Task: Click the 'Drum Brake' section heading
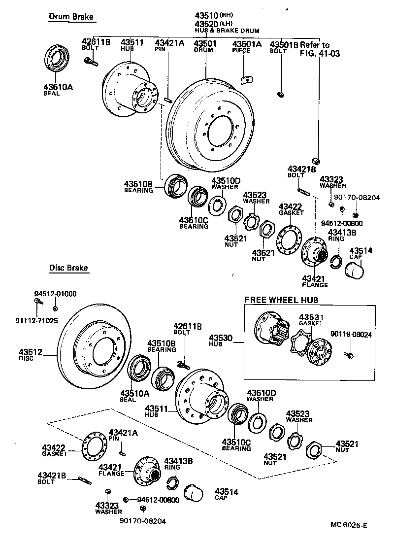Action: click(70, 17)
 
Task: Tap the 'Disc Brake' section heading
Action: click(68, 268)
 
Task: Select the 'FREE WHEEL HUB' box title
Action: click(281, 300)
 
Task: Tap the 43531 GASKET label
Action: click(310, 320)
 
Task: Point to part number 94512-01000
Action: click(55, 294)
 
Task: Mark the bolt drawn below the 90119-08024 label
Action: click(350, 353)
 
